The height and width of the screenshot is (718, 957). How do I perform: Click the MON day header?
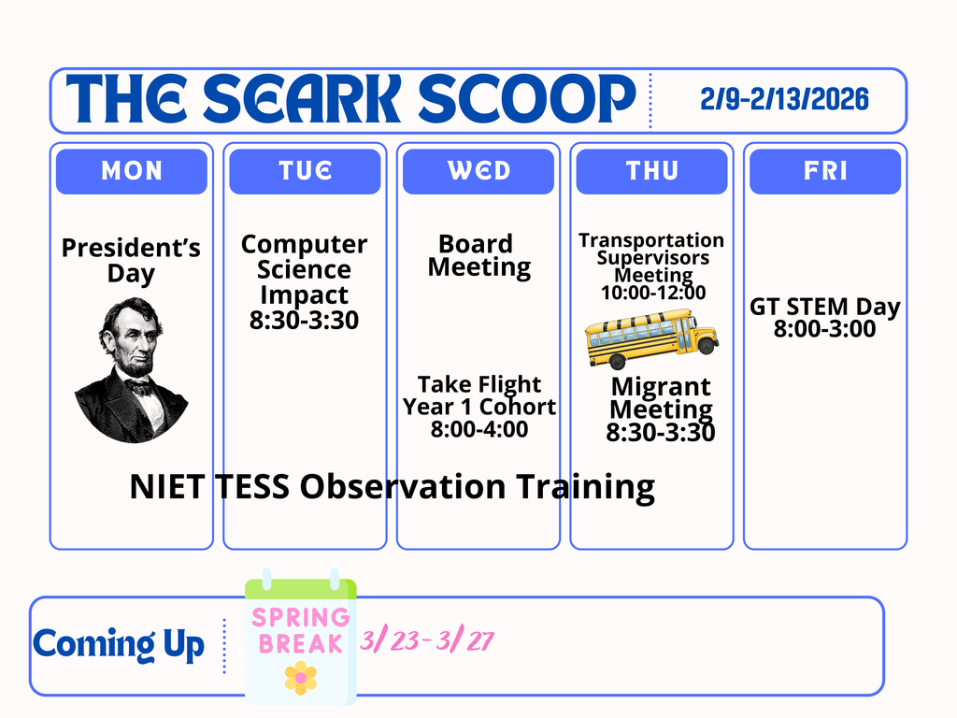tap(131, 171)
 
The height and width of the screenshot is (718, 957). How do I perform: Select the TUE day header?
tap(305, 171)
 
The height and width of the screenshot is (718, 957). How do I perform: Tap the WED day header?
tap(478, 171)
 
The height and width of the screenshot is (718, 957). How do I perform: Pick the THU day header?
tap(651, 171)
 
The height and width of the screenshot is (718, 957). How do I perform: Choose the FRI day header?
tap(825, 171)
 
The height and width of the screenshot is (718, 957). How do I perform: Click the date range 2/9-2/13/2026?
tap(784, 99)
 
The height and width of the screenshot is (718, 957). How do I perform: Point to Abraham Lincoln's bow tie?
tap(140, 385)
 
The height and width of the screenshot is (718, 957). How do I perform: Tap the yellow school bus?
tap(650, 337)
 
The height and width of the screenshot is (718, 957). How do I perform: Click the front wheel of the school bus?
tap(706, 345)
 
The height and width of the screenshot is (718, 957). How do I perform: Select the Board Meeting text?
tap(478, 256)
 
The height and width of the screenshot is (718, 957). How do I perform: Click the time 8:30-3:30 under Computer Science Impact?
tap(304, 321)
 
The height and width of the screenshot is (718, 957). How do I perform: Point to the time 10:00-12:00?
tap(651, 293)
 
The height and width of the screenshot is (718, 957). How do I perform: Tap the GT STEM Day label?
tap(824, 307)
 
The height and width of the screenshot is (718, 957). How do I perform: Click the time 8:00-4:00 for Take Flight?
tap(478, 429)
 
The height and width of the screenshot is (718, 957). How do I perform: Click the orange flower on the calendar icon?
tap(301, 677)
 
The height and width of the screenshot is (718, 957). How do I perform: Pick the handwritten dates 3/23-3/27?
tap(427, 641)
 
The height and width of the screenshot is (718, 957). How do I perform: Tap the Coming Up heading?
tap(119, 644)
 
